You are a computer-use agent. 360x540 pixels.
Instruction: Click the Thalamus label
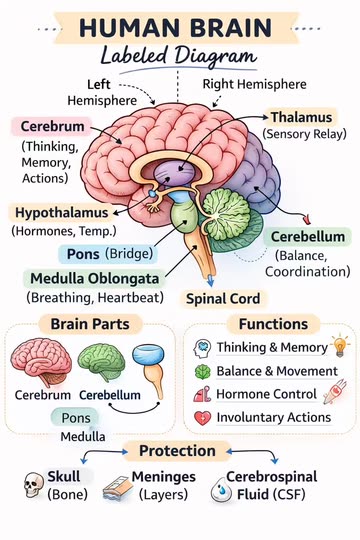click(x=301, y=117)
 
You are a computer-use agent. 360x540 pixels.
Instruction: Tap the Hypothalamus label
click(x=62, y=212)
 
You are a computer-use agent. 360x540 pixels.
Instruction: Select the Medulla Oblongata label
click(x=95, y=278)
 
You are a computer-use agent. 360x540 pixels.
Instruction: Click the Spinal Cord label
click(x=223, y=299)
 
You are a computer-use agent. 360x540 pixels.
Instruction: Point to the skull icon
click(x=33, y=485)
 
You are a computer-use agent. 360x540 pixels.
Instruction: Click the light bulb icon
click(x=340, y=345)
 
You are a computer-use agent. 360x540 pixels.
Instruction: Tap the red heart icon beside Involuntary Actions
click(x=202, y=418)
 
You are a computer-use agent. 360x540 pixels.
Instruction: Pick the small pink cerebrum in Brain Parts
click(x=41, y=361)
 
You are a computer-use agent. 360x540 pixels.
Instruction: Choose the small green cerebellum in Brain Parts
click(x=101, y=362)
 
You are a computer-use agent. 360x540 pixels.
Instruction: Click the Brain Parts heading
click(x=90, y=324)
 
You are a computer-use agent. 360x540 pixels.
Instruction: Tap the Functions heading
click(x=274, y=324)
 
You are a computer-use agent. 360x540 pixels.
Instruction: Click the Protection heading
click(x=177, y=451)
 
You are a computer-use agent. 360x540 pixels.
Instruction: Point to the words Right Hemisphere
click(x=254, y=84)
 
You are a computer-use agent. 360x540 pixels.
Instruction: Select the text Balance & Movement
click(x=277, y=371)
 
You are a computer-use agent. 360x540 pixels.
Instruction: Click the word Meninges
click(x=164, y=477)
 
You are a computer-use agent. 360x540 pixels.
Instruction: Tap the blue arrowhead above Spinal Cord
click(x=210, y=281)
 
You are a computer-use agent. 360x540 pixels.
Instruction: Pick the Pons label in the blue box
click(x=83, y=254)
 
